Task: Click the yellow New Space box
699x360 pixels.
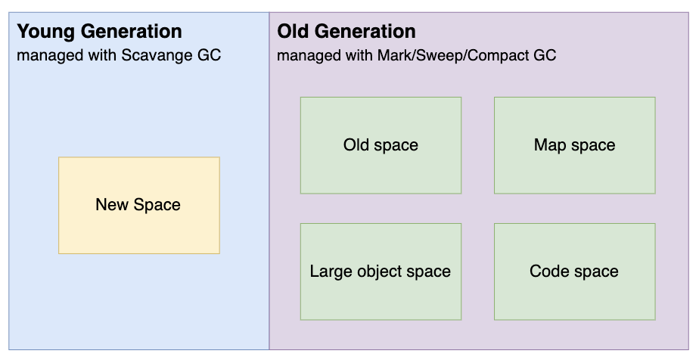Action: pyautogui.click(x=139, y=206)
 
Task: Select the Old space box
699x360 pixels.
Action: pyautogui.click(x=381, y=145)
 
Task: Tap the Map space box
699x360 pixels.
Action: pyautogui.click(x=575, y=145)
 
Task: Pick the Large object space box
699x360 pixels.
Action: pyautogui.click(x=381, y=272)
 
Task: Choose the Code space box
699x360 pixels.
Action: pyautogui.click(x=575, y=272)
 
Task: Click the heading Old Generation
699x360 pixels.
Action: pyautogui.click(x=346, y=32)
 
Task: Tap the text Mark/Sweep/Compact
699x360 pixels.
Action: pyautogui.click(x=453, y=55)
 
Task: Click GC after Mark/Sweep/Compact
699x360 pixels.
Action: pyautogui.click(x=545, y=55)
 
